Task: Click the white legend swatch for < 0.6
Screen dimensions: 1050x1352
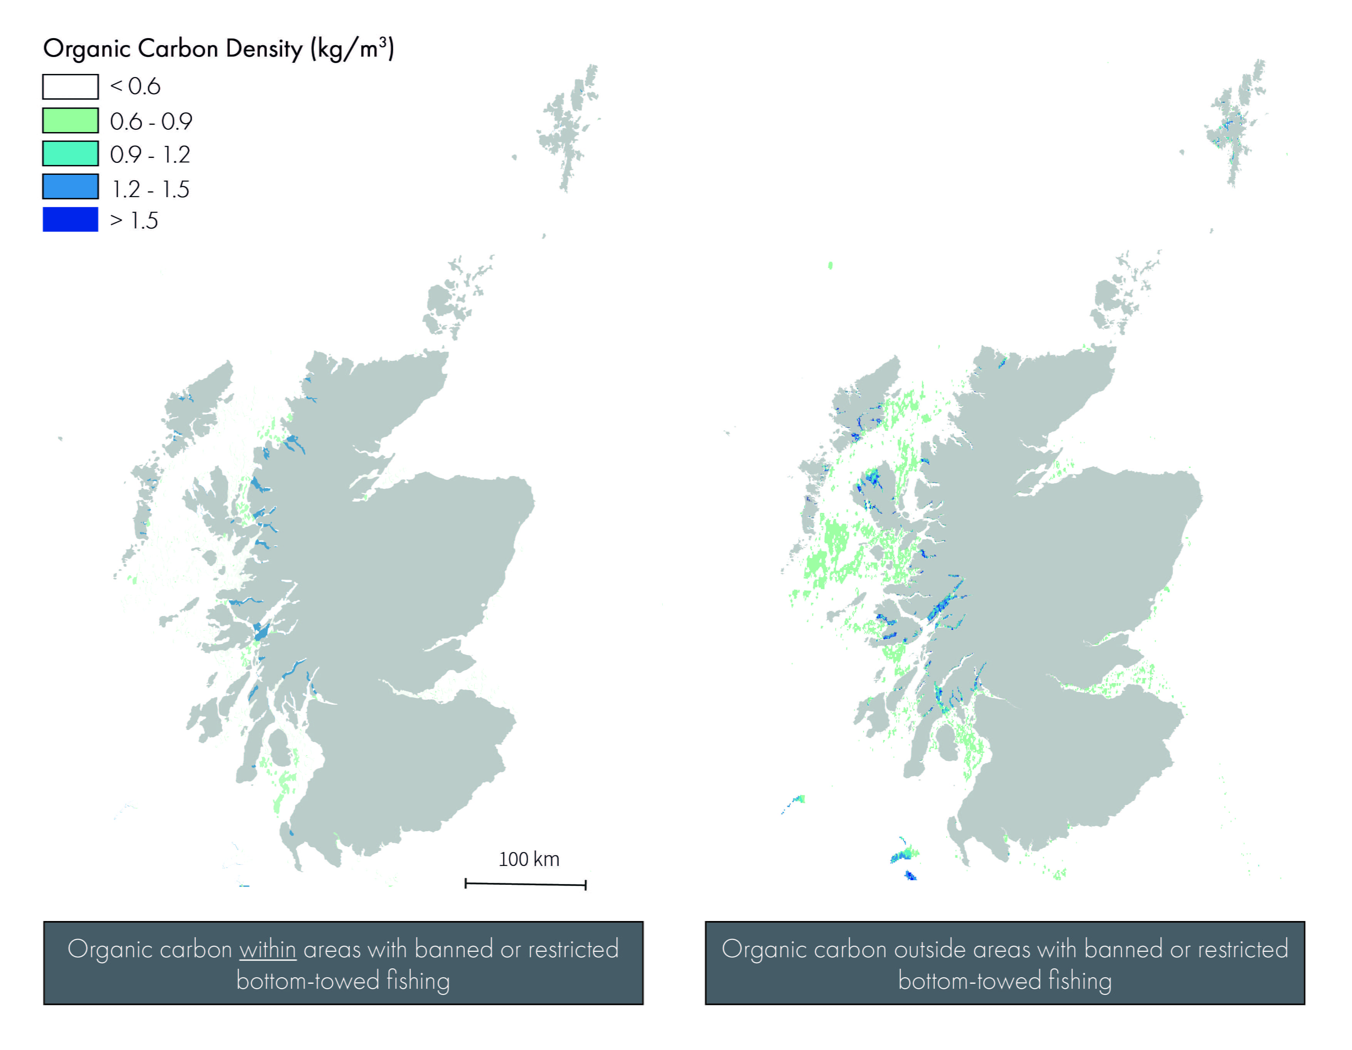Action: [x=70, y=87]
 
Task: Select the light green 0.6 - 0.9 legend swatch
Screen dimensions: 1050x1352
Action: [x=70, y=121]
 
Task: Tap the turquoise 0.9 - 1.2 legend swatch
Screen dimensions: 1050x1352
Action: [x=70, y=154]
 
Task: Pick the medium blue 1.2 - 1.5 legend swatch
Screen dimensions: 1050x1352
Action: [x=70, y=186]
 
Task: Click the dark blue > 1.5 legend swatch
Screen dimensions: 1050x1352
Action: [x=70, y=219]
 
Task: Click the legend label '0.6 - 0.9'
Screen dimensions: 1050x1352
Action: [x=151, y=121]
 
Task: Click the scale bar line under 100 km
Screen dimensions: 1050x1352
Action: [x=525, y=884]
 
